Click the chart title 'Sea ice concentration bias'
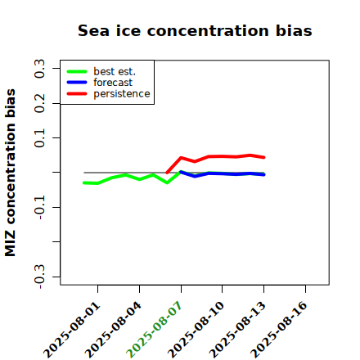195,30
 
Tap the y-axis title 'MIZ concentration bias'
11,173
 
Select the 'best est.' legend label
115,71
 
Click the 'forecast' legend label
113,83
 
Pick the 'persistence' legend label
122,94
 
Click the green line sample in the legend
77,71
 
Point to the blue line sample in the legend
77,83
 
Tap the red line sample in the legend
77,94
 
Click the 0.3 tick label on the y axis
39,68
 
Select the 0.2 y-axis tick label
39,103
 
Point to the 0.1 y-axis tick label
39,138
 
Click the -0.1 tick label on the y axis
39,208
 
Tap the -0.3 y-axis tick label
39,277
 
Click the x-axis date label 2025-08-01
72,330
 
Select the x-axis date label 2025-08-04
114,330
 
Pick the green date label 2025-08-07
155,330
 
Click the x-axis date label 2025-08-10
196,330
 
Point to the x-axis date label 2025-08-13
238,330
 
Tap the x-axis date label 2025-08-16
280,330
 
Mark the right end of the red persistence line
264,157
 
